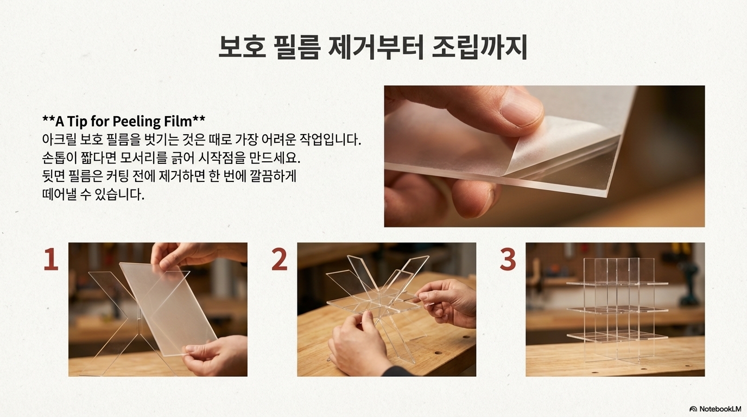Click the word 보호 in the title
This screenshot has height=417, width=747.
tap(242, 47)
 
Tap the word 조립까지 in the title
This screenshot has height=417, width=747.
tap(479, 47)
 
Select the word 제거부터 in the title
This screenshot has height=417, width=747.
tap(376, 47)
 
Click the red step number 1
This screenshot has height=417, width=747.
tap(50, 258)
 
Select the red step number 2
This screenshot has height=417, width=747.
tap(279, 258)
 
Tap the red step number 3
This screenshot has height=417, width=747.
tap(508, 258)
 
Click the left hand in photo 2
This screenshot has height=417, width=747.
tap(358, 344)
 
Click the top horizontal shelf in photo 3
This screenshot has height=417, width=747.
tap(617, 283)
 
